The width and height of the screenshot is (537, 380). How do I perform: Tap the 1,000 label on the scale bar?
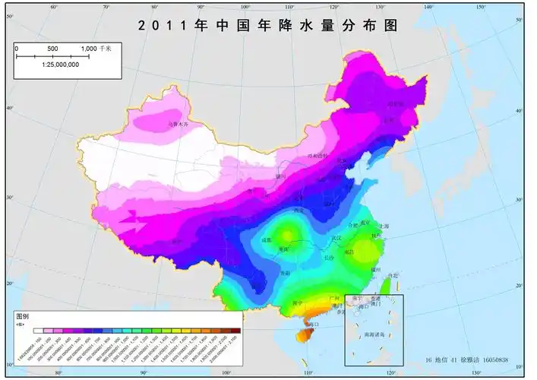click(x=91, y=49)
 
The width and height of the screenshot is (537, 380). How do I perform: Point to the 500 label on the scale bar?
click(x=52, y=49)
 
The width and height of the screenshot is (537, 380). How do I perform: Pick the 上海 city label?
click(x=384, y=226)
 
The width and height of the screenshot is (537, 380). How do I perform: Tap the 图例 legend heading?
click(x=24, y=315)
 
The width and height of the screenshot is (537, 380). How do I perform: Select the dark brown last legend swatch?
click(x=235, y=331)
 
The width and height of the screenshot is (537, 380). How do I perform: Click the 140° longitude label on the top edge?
click(x=428, y=7)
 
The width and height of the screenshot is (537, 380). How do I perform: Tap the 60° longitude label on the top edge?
click(x=54, y=7)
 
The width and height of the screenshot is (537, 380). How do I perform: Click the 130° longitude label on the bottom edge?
click(x=476, y=373)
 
